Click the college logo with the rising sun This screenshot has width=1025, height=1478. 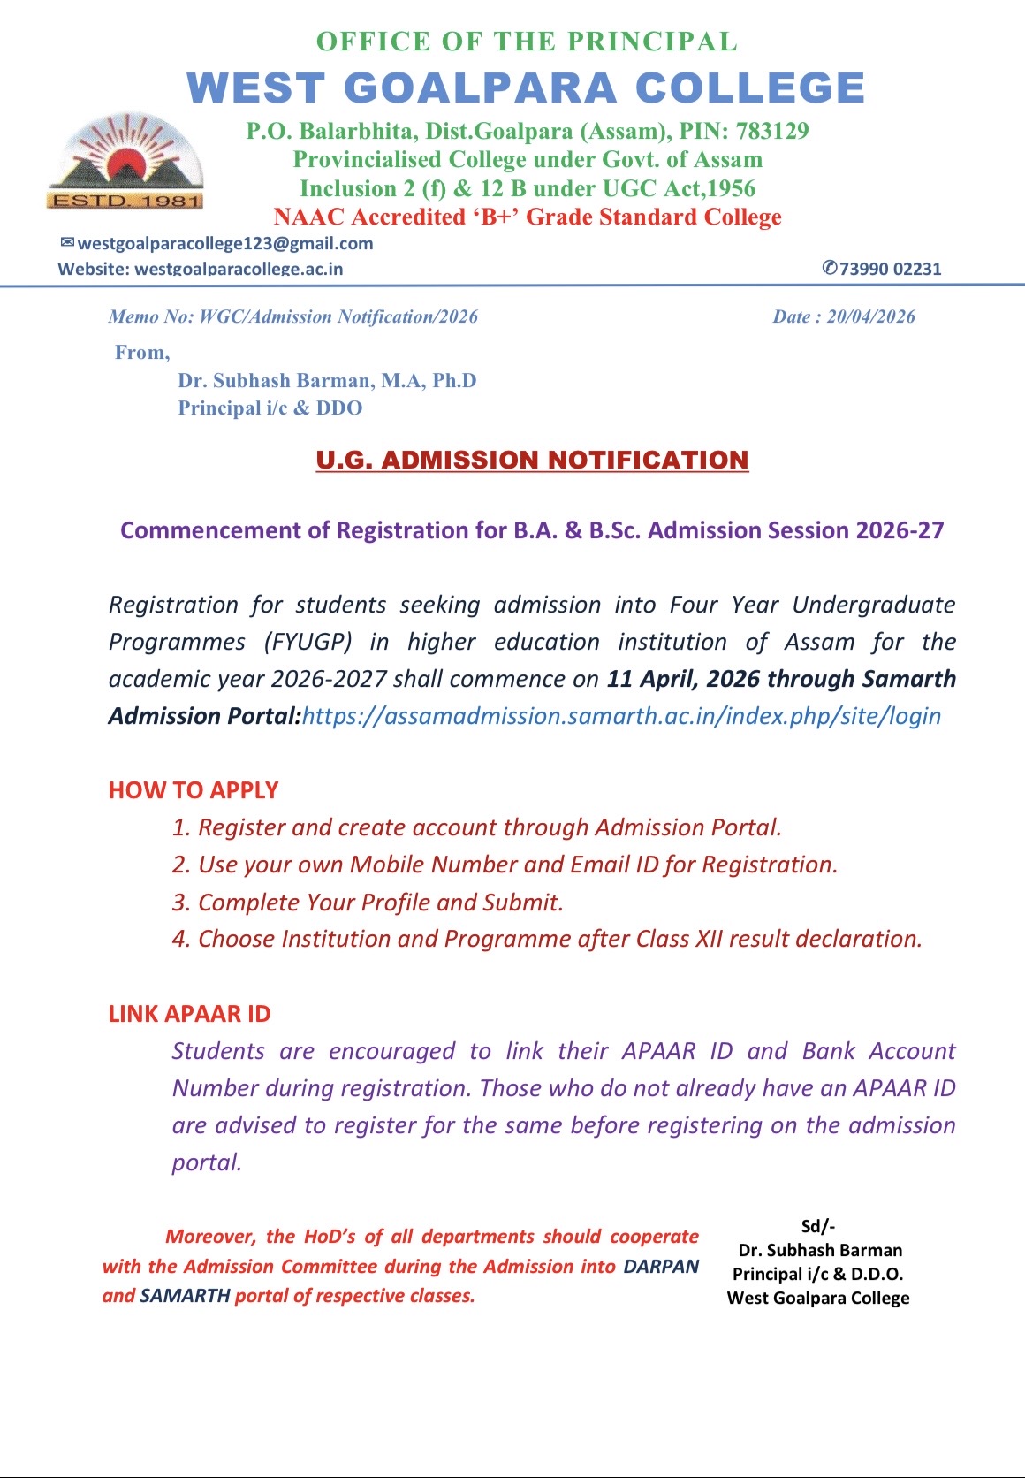125,159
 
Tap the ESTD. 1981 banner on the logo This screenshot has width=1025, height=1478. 125,201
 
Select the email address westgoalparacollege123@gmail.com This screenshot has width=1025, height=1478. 225,243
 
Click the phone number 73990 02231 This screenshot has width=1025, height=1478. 890,269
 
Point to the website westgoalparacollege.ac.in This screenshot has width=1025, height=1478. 239,269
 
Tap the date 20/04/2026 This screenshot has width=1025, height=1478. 870,316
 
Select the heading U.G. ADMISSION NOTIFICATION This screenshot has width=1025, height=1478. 532,460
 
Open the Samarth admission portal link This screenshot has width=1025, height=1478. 621,716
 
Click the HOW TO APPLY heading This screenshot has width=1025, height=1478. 194,790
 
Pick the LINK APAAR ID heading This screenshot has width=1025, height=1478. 189,1014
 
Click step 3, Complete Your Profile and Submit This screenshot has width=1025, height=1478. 368,902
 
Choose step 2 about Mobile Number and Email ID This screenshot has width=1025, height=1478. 505,865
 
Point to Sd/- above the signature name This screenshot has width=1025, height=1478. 818,1226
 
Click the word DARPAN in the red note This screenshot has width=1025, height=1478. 661,1266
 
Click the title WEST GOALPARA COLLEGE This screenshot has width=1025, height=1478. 526,88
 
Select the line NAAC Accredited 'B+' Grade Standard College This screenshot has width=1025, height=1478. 528,217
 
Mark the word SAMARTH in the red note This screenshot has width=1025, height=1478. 185,1296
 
